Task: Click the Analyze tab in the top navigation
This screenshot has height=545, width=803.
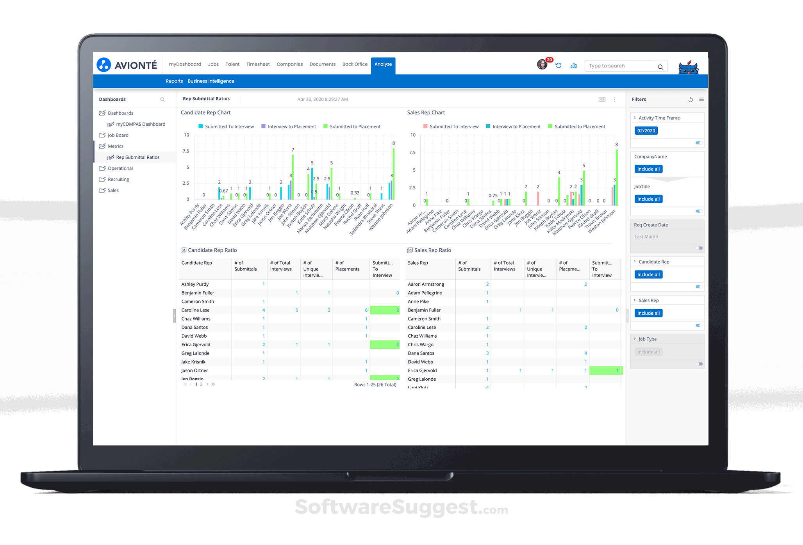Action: click(x=383, y=64)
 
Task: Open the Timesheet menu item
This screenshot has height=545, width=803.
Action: click(x=258, y=64)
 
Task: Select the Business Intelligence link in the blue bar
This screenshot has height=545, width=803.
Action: click(x=211, y=81)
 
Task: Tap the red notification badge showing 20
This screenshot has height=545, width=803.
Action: click(x=550, y=60)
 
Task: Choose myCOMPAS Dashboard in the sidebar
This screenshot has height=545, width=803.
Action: click(x=140, y=124)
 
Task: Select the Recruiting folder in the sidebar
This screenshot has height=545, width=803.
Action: click(x=118, y=180)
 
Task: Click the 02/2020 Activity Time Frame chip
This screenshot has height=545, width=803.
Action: click(x=646, y=131)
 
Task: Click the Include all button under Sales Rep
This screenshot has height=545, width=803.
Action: click(x=648, y=313)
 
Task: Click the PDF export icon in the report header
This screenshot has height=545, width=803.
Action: click(x=602, y=100)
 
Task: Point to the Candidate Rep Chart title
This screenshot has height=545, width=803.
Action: click(x=205, y=113)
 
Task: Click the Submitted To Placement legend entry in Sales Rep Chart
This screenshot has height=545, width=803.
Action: click(x=580, y=126)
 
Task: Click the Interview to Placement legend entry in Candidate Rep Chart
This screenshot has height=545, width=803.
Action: click(x=291, y=126)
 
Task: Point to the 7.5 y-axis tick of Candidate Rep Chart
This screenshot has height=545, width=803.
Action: click(x=186, y=151)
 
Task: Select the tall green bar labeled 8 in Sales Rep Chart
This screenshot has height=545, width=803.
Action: click(x=617, y=178)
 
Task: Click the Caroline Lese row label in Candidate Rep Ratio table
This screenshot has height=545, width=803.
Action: click(x=195, y=310)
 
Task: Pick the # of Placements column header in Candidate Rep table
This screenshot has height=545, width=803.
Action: click(x=347, y=266)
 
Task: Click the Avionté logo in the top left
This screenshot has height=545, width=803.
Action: click(x=127, y=65)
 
